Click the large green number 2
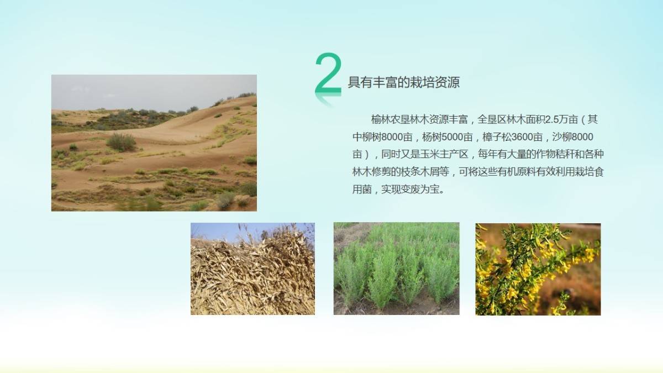pyautogui.click(x=328, y=74)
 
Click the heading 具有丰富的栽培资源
pyautogui.click(x=404, y=82)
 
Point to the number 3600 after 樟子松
pyautogui.click(x=522, y=137)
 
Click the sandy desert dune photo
pyautogui.click(x=154, y=143)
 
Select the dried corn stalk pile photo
pyautogui.click(x=252, y=269)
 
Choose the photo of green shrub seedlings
pyautogui.click(x=396, y=269)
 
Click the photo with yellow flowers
pyautogui.click(x=538, y=269)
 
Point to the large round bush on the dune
pyautogui.click(x=121, y=142)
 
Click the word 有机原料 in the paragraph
pyautogui.click(x=517, y=172)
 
